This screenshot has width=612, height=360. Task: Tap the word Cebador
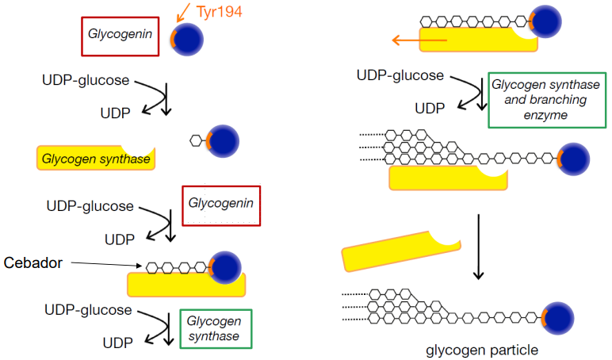33,262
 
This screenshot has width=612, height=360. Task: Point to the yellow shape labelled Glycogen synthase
95,159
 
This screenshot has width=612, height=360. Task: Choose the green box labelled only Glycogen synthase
215,328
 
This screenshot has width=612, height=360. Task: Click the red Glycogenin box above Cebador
221,205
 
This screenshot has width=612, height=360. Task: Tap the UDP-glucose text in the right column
400,76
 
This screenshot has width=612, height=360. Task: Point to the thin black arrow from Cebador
104,264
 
